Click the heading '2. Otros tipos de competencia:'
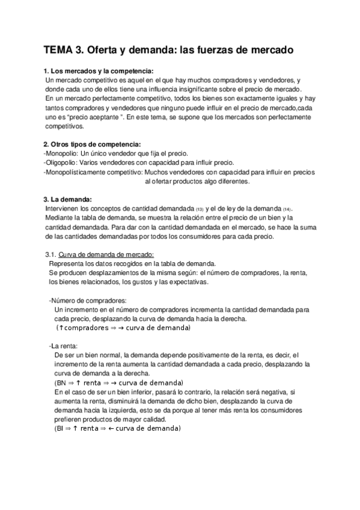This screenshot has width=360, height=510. point(92,144)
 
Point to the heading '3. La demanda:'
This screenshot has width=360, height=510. point(67,199)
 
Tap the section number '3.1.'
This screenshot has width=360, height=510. point(55,254)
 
